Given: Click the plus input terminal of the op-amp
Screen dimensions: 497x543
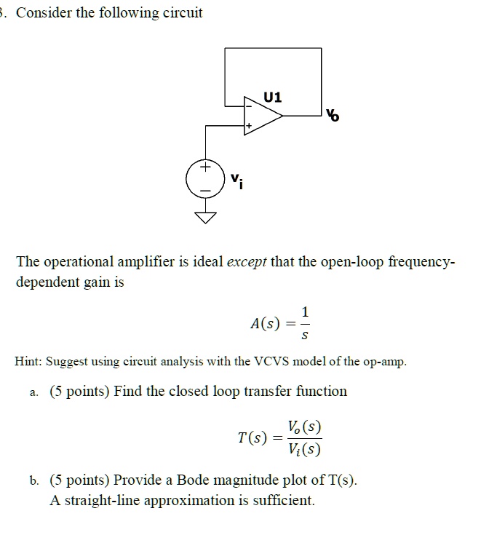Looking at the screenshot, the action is (x=248, y=127).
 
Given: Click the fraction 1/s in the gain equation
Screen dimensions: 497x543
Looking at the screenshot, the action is (x=305, y=323).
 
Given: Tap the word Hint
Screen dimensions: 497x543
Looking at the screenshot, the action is (x=30, y=362).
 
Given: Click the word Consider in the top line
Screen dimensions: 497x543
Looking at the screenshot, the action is (x=47, y=13).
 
